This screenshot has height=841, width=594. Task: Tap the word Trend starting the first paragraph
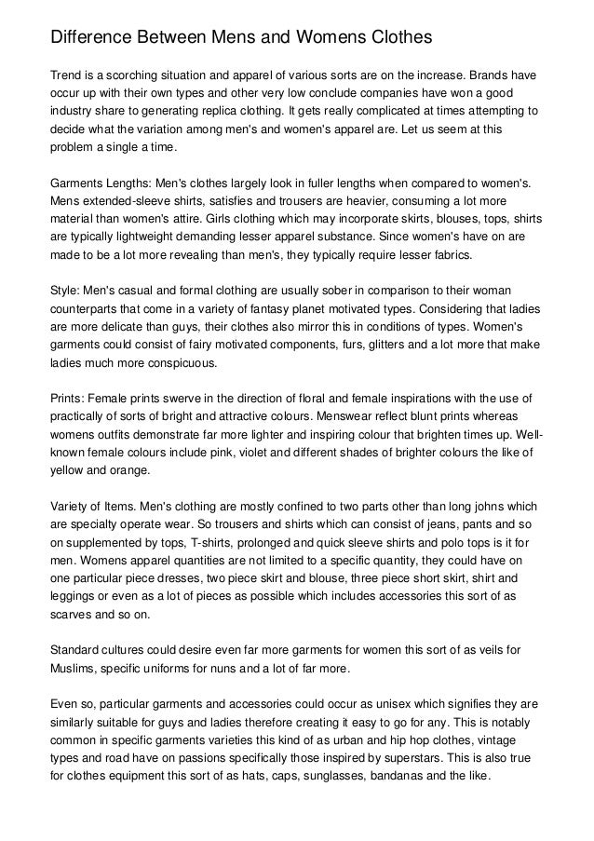click(68, 74)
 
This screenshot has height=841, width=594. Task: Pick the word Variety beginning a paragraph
click(71, 506)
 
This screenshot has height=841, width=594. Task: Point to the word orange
click(131, 470)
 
